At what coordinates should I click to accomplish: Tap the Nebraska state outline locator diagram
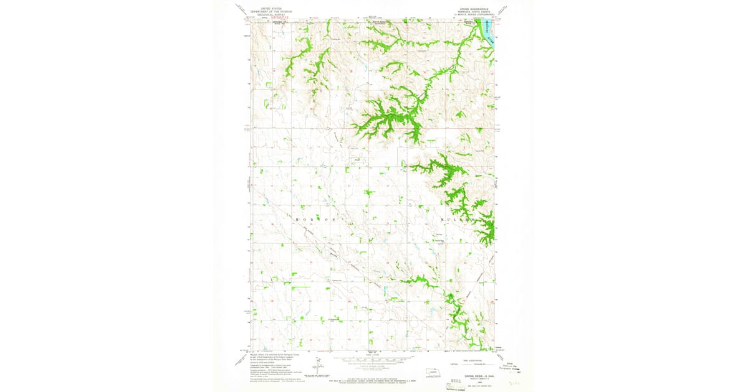click(428, 375)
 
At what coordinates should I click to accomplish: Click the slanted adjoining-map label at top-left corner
click(241, 9)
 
